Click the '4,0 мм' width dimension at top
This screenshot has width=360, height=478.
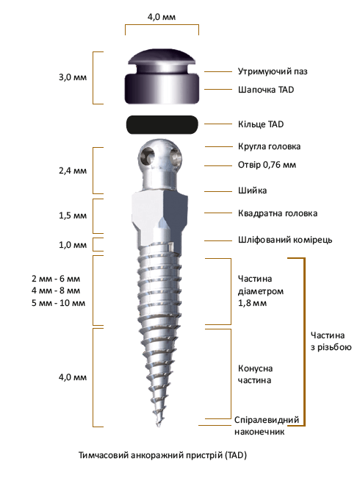click(162, 17)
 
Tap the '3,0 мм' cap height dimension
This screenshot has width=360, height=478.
click(73, 77)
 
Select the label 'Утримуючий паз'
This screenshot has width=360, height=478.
click(273, 71)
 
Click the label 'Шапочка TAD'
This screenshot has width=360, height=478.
click(266, 90)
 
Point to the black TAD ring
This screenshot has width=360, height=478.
click(162, 124)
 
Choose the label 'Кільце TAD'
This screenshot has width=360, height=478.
click(261, 124)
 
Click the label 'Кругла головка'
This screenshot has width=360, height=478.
click(269, 146)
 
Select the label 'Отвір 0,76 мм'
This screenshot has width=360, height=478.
click(267, 165)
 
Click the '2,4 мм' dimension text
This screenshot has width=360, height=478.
click(73, 171)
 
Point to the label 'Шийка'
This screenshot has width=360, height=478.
click(252, 190)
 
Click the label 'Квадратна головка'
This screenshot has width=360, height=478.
click(278, 213)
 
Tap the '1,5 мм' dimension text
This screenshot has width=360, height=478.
click(73, 215)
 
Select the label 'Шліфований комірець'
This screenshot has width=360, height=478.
click(285, 240)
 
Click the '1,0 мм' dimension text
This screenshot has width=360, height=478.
click(73, 245)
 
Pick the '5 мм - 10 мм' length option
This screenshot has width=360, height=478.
click(58, 303)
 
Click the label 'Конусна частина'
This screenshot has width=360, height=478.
click(255, 374)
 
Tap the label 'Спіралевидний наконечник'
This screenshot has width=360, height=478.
click(267, 426)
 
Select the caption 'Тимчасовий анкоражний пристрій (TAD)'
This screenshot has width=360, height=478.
click(162, 455)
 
